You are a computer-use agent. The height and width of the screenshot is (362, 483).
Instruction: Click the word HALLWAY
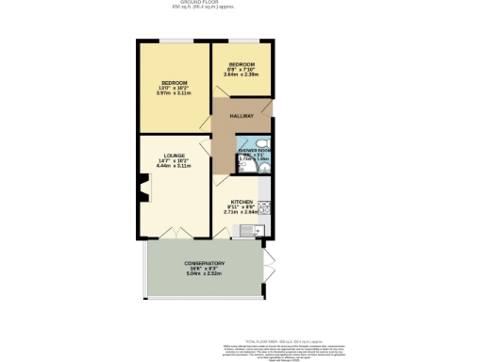pos(241,116)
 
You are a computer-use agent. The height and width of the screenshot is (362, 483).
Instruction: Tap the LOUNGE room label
pos(173,156)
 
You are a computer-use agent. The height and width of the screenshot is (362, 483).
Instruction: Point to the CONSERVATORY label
pos(205,263)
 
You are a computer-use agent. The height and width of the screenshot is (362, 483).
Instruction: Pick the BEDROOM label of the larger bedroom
pos(173,83)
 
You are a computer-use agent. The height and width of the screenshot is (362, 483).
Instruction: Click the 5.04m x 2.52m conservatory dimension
pos(205,273)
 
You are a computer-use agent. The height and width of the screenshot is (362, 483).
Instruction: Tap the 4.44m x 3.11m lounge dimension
pos(173,167)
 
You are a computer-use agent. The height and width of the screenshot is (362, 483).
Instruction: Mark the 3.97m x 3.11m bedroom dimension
pos(173,94)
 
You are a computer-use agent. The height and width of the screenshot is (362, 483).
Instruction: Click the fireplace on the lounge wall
pos(144,195)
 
